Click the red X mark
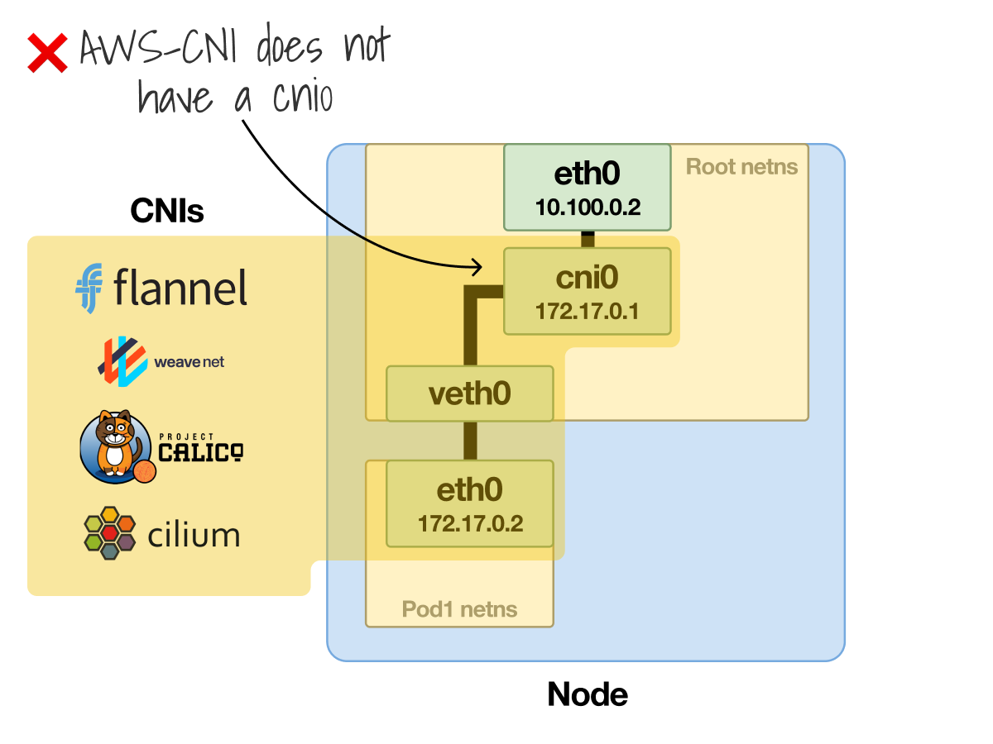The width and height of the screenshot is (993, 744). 48,52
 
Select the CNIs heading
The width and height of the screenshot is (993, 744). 167,212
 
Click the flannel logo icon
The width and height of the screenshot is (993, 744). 89,289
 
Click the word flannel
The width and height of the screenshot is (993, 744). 180,289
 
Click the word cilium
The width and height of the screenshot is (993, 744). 194,535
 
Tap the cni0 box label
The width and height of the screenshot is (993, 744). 587,278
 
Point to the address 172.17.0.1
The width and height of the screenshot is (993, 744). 587,312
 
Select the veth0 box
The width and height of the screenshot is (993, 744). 469,393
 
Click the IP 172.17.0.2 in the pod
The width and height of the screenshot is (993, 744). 469,524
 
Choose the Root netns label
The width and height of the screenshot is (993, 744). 741,167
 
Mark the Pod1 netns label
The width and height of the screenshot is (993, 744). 459,610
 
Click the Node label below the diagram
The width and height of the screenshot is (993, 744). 588,694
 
